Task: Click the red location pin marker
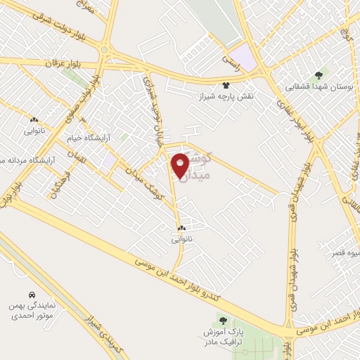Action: (181, 165)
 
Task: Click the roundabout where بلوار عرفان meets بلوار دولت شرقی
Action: (105, 51)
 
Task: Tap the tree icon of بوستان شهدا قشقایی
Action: (318, 75)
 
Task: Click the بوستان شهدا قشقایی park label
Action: (318, 86)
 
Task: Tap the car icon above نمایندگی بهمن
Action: (32, 294)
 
